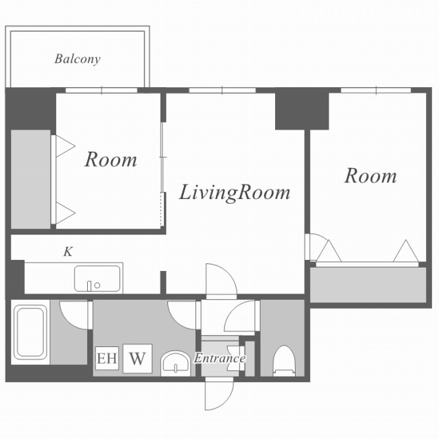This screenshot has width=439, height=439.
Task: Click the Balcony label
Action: (78, 59)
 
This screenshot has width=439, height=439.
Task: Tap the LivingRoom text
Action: (235, 193)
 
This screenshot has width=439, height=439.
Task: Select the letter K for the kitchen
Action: (68, 252)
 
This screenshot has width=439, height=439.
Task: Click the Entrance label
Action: (219, 358)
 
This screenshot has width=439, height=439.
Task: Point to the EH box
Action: (107, 358)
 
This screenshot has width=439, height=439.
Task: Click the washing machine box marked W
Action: (137, 358)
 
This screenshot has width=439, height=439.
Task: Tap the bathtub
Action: (30, 332)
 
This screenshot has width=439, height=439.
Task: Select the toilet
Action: (284, 361)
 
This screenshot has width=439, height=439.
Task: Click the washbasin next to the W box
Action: (176, 364)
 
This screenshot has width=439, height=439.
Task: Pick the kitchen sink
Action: (97, 278)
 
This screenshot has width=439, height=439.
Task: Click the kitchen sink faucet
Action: (89, 286)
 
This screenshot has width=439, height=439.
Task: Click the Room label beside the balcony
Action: (111, 160)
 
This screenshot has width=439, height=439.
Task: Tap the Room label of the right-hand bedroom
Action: (370, 176)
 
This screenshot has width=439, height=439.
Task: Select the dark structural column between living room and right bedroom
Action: (302, 110)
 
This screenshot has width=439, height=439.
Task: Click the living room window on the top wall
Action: (222, 90)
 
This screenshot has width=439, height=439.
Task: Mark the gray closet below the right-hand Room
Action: (368, 285)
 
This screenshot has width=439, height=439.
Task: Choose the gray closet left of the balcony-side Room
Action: (30, 179)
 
